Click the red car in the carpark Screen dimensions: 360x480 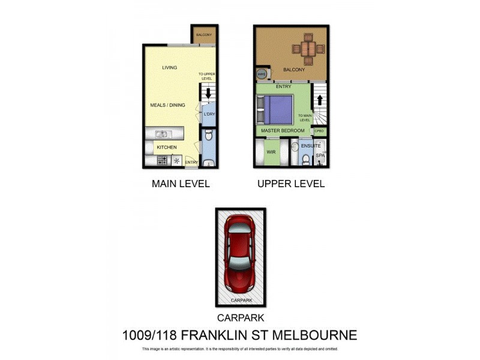coord(240,254)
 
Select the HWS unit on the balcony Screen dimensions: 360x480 coord(262,74)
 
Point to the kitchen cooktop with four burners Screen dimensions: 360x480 coord(161,160)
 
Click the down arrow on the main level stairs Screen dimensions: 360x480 coord(208,94)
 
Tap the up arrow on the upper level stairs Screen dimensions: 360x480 coord(320,100)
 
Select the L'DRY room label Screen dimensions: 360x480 coord(209,114)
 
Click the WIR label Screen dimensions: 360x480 coord(271,152)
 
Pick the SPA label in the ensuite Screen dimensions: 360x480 coord(320,155)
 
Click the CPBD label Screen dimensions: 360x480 coord(320,131)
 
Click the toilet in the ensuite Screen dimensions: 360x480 coord(305,158)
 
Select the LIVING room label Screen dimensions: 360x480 coord(170,68)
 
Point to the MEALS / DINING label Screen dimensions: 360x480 coord(167,105)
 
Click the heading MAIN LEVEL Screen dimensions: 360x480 coord(181,184)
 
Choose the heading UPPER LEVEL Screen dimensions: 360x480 coord(291,184)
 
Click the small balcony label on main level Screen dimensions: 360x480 coord(204,35)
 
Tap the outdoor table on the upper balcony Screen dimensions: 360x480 coord(308,48)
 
